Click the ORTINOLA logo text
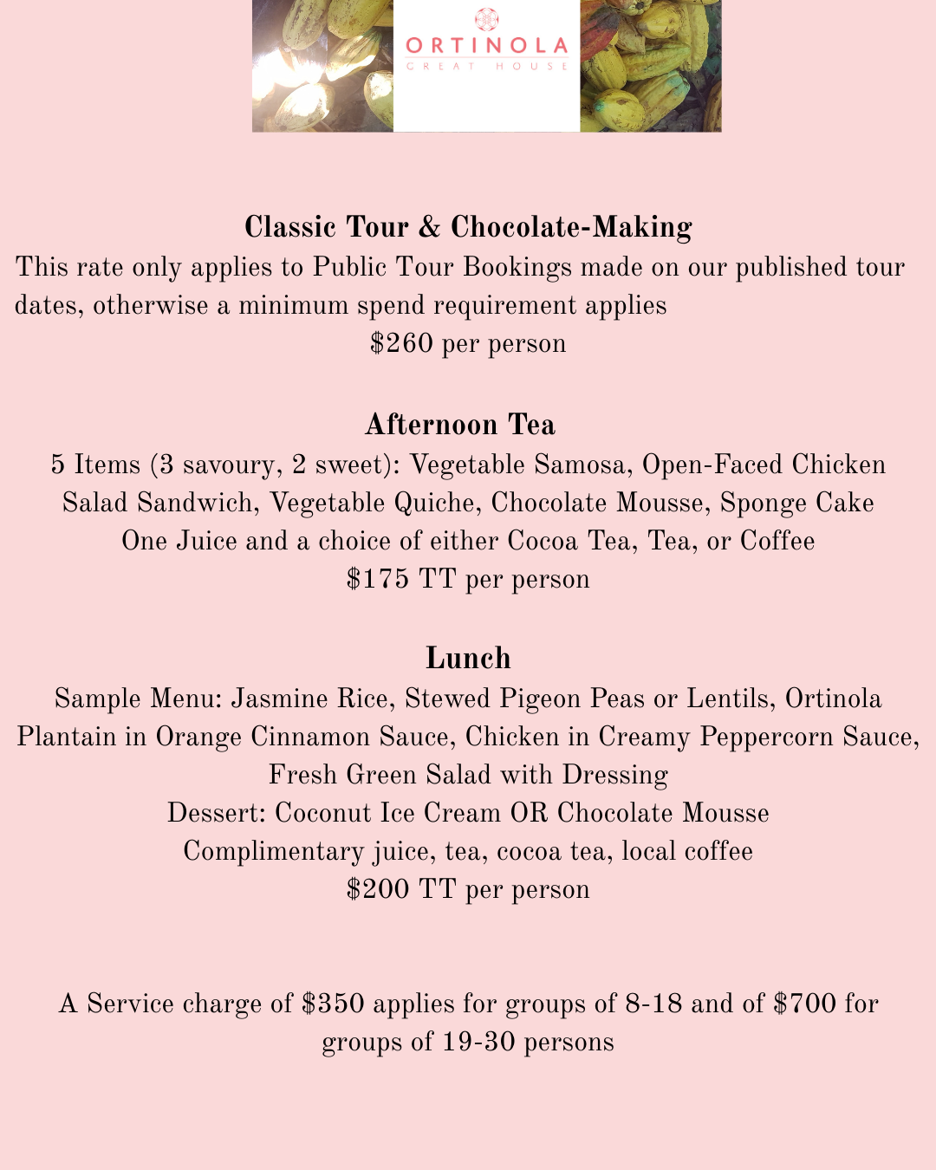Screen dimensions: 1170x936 [486, 45]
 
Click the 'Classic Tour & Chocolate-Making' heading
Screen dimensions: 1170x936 [468, 227]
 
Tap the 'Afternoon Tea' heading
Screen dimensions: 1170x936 [460, 425]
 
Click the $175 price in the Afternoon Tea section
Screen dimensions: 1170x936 [377, 579]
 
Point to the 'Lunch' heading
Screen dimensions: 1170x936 [468, 659]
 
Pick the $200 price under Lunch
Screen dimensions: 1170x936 [377, 889]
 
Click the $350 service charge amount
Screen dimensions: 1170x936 [333, 1004]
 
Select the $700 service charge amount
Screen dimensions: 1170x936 [804, 1004]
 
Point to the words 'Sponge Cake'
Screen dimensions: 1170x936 [796, 503]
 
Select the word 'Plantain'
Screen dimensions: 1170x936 [66, 737]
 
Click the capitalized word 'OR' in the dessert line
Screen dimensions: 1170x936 [529, 813]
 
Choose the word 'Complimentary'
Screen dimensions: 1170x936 [273, 851]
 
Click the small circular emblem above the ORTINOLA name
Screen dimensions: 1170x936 [486, 19]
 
